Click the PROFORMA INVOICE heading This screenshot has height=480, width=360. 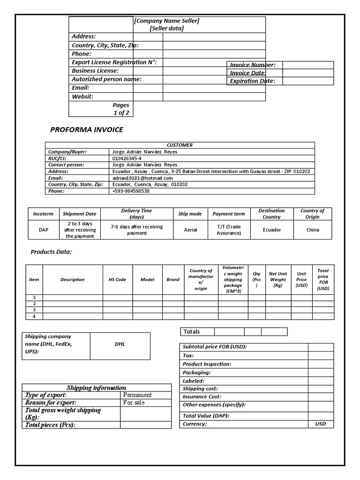point(87,130)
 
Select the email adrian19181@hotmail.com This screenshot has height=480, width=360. point(142,178)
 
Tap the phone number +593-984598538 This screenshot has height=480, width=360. point(131,191)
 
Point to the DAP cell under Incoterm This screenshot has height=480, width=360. point(44,230)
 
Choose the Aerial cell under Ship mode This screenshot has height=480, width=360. point(190,230)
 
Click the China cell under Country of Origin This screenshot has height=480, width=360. point(313,230)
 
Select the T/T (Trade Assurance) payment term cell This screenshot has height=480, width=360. point(229,230)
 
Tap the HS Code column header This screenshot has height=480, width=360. point(117,280)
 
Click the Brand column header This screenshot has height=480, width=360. point(173,280)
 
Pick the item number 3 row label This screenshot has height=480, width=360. point(34,310)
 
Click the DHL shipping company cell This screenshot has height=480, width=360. point(120,344)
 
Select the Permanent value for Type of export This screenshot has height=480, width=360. point(137,395)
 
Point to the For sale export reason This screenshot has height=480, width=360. point(134,403)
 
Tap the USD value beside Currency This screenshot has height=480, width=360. point(321,424)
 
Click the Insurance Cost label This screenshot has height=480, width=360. point(202,397)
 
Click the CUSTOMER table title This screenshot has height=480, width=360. point(180,145)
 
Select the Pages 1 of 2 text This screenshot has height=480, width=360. point(121,109)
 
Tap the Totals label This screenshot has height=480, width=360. point(192,332)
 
